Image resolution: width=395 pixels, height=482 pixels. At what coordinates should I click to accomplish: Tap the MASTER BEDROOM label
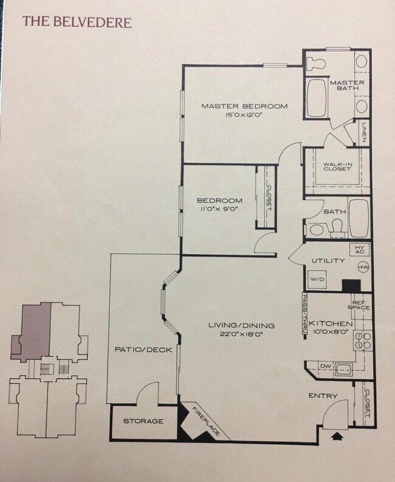click(x=244, y=106)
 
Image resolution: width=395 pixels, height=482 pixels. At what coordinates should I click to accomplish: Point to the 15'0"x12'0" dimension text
click(x=244, y=114)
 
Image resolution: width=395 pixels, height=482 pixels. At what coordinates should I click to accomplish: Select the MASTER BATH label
click(x=346, y=85)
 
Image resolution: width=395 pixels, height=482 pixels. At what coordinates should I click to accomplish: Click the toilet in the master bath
click(x=317, y=61)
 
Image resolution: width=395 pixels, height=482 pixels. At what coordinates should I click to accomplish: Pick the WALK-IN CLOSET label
click(x=337, y=166)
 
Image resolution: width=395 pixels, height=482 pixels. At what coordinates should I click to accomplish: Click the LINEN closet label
click(x=363, y=132)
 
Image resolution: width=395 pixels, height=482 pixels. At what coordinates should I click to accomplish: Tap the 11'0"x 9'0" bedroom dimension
click(x=219, y=209)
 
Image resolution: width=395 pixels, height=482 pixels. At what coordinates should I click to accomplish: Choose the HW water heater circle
click(x=364, y=267)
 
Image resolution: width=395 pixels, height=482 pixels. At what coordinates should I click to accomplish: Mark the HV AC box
click(x=359, y=249)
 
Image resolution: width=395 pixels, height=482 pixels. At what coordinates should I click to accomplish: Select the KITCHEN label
click(x=330, y=324)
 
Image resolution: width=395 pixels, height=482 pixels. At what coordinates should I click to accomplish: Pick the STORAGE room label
click(x=143, y=421)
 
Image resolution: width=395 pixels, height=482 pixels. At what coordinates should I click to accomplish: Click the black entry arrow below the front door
click(x=338, y=435)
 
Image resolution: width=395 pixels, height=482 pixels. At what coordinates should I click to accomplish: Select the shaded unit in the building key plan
click(x=35, y=328)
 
